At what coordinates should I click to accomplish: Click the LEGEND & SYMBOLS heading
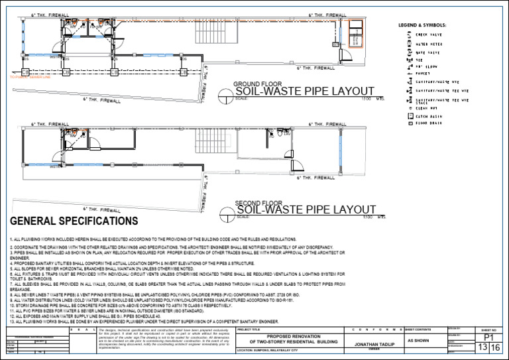tap(422, 25)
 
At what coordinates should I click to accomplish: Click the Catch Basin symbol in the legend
tap(410, 117)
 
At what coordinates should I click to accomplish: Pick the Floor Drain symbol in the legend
tap(410, 123)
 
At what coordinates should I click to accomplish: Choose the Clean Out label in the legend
tap(424, 108)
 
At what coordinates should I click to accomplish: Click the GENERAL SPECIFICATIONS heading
tap(74, 221)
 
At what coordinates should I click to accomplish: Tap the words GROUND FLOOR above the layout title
tap(257, 84)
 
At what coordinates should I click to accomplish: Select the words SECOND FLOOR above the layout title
tap(258, 204)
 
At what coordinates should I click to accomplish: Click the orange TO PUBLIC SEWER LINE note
tap(26, 78)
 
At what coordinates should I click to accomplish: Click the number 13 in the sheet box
tap(482, 348)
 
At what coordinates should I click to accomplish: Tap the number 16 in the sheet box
tap(496, 348)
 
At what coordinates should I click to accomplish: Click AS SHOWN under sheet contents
tap(418, 340)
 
